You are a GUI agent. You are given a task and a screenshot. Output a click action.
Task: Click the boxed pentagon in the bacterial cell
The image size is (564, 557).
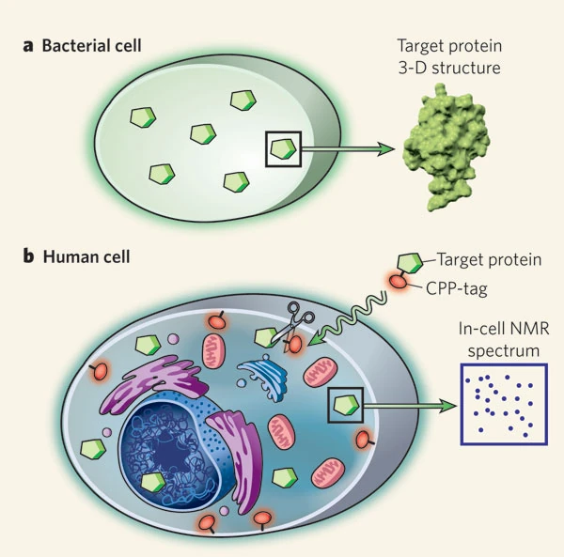click(x=282, y=149)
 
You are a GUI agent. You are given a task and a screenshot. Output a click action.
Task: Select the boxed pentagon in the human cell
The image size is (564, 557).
click(x=344, y=406)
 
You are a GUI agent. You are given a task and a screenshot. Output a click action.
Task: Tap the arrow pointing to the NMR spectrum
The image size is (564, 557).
click(x=408, y=406)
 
